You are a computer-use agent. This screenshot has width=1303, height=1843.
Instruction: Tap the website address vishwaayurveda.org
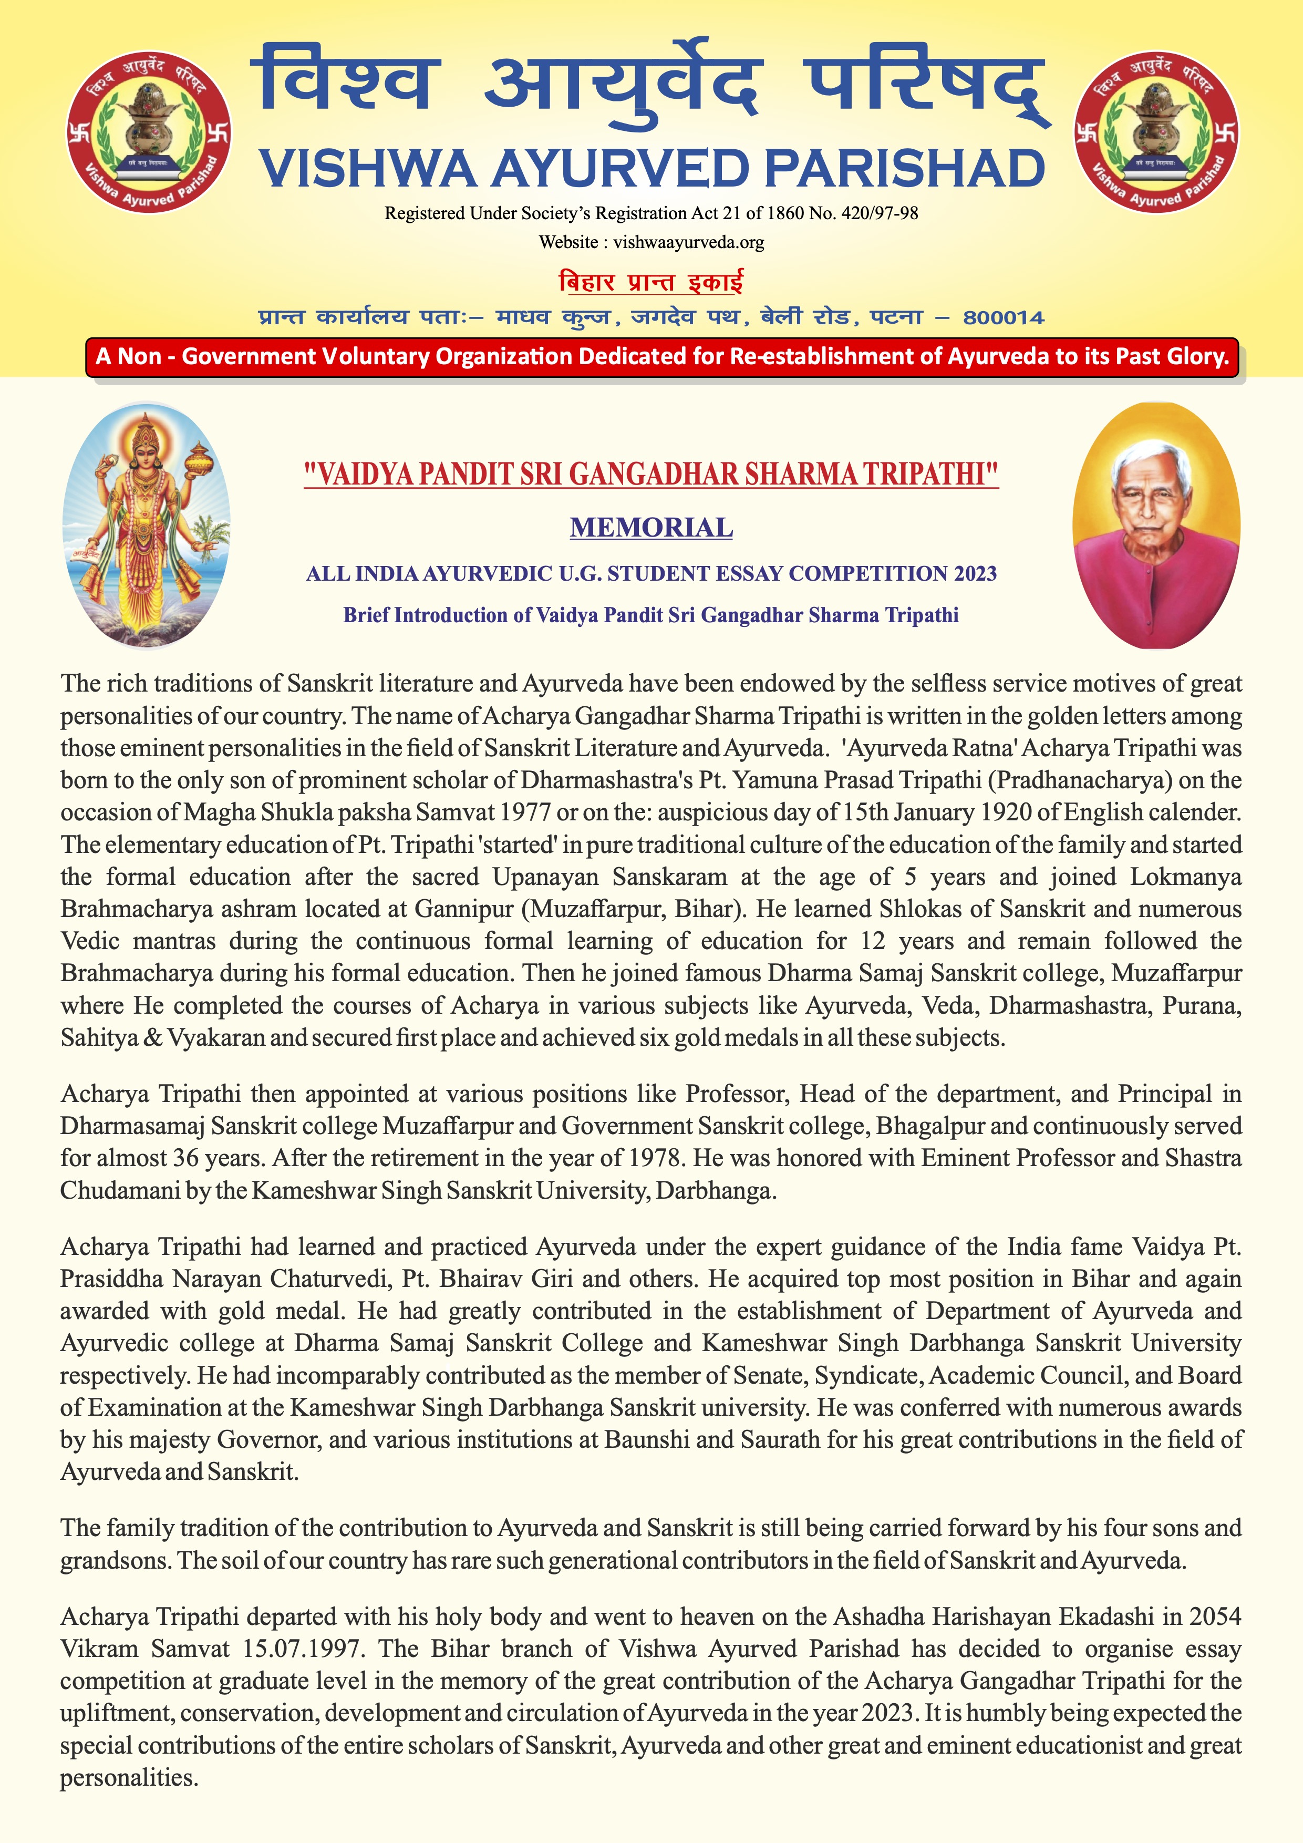688,242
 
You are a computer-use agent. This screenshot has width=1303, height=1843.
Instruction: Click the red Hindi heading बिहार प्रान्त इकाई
650,283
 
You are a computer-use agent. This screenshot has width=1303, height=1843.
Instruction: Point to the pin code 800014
1004,318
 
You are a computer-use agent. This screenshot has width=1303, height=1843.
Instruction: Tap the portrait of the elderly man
1156,526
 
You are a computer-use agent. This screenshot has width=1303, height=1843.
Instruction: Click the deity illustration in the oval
147,526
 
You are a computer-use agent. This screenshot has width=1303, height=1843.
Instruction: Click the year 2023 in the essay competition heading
975,573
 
